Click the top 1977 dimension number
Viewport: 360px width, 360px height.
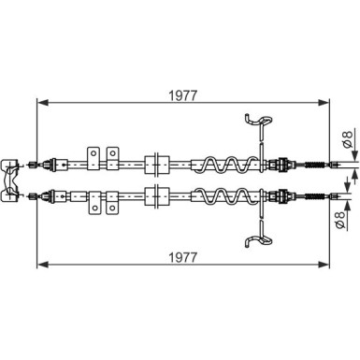183,95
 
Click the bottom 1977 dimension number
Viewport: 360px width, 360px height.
183,257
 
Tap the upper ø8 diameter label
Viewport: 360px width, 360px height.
347,138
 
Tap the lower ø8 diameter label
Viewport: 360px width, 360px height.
340,220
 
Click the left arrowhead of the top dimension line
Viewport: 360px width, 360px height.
43,102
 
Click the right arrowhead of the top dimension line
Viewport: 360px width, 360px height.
324,102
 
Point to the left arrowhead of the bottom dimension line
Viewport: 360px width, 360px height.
43,265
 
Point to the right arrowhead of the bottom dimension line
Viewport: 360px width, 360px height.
324,265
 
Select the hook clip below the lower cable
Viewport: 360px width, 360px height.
258,240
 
